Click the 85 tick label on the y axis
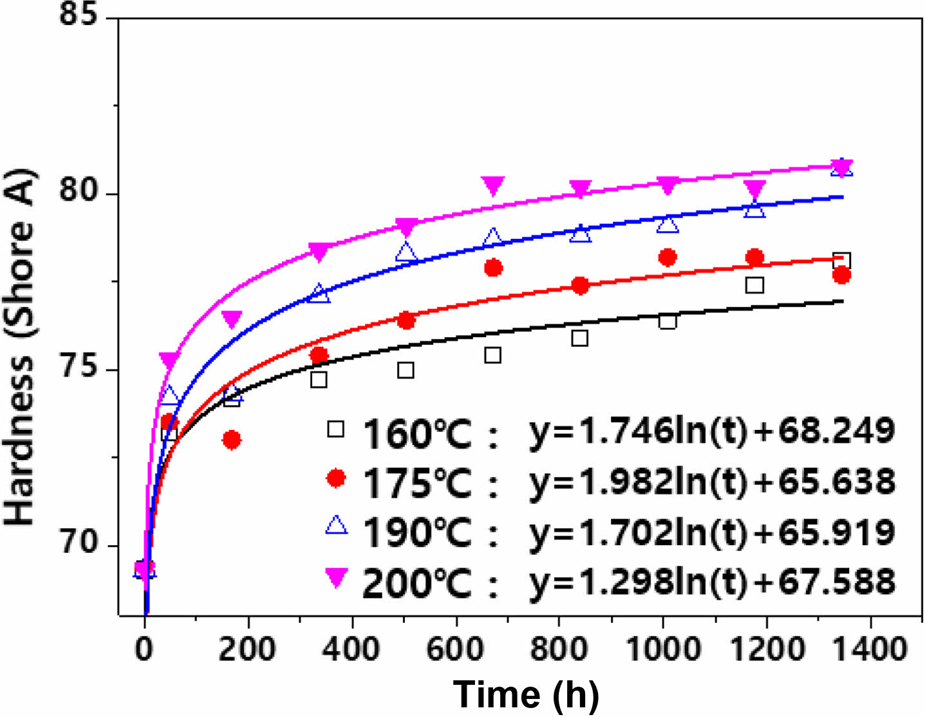tap(78, 14)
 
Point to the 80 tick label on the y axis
tap(78, 192)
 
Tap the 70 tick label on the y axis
tap(78, 545)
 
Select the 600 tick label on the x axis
tap(454, 649)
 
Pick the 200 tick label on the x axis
tap(247, 649)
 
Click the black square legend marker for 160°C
tap(335, 429)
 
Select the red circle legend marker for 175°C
tap(335, 478)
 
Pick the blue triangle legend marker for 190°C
tap(336, 526)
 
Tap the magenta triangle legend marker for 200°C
tap(336, 577)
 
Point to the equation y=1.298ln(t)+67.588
tap(711, 581)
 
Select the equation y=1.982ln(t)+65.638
tap(711, 481)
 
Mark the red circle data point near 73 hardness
tap(232, 440)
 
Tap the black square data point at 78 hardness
tap(841, 261)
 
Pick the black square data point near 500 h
tap(406, 370)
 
